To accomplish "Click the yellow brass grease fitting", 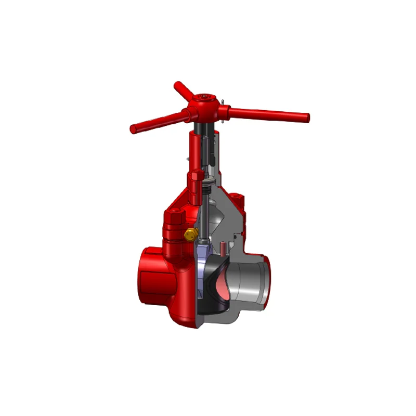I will tap(190, 234).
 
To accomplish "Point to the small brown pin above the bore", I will tap(222, 249).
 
